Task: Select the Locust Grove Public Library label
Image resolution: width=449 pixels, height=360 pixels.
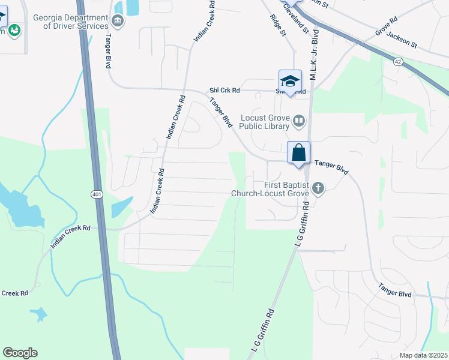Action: pyautogui.click(x=265, y=122)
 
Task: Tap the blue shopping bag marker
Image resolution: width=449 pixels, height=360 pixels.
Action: pyautogui.click(x=298, y=153)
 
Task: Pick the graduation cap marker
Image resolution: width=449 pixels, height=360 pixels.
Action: pyautogui.click(x=290, y=81)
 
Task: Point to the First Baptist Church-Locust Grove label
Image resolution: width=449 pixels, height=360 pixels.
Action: pyautogui.click(x=270, y=189)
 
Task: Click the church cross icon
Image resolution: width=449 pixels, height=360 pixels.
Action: pyautogui.click(x=318, y=189)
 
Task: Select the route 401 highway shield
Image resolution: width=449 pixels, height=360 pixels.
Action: pyautogui.click(x=97, y=194)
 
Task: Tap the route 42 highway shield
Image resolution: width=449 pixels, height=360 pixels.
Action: pyautogui.click(x=398, y=62)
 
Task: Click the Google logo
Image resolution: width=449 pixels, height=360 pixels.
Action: pyautogui.click(x=20, y=353)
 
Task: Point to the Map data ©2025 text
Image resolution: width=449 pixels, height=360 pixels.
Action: pyautogui.click(x=423, y=355)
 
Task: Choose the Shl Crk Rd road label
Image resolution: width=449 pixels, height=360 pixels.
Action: pyautogui.click(x=224, y=91)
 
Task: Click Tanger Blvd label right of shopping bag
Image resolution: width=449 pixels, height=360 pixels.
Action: pyautogui.click(x=332, y=166)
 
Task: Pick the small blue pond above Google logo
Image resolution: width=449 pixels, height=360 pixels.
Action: pyautogui.click(x=38, y=314)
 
